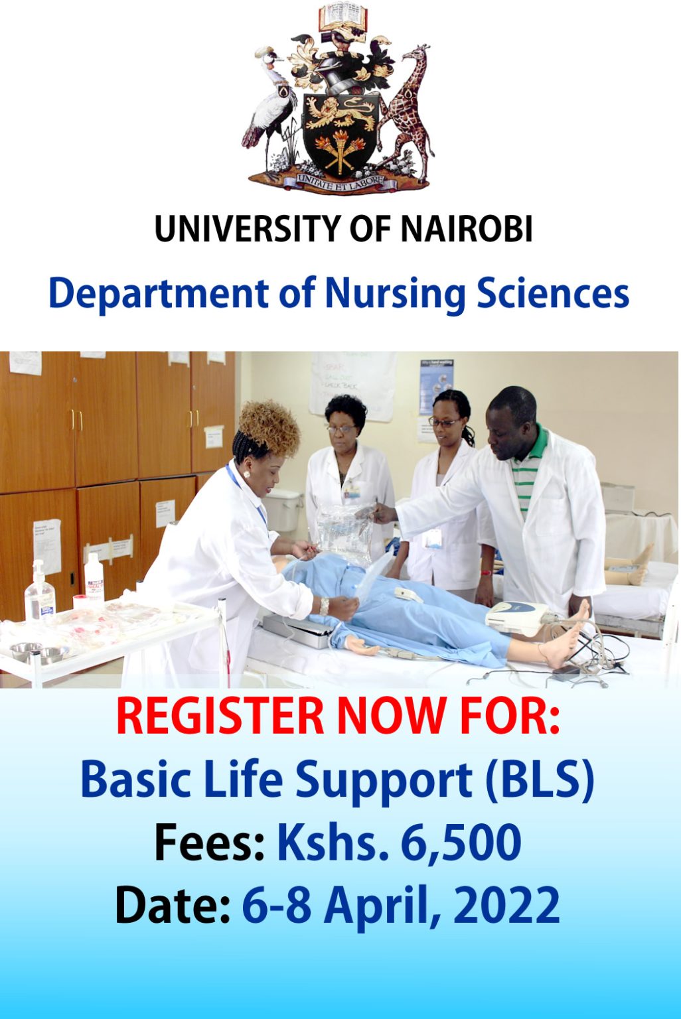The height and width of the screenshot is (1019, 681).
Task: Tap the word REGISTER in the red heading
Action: click(219, 717)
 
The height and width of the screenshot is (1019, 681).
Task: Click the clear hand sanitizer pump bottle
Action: click(40, 594)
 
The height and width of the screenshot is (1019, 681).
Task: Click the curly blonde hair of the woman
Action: click(269, 429)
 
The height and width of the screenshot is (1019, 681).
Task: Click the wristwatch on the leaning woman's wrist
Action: click(324, 605)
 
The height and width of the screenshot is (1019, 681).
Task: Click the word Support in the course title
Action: click(383, 781)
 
